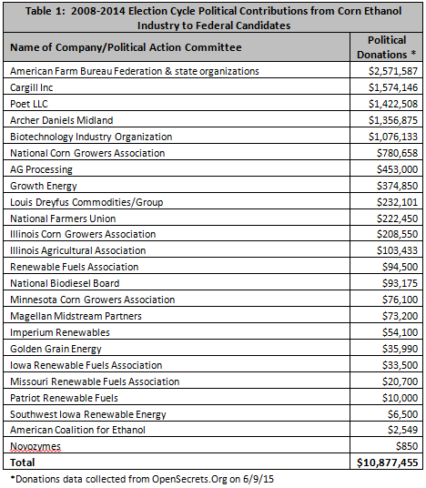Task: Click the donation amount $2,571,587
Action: pos(392,71)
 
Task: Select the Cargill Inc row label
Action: pos(32,87)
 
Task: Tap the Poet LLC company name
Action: pos(29,104)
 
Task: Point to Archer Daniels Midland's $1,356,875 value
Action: pos(392,120)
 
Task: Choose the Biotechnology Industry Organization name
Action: pos(91,137)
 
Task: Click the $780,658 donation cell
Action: pos(397,153)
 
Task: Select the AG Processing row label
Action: pos(41,169)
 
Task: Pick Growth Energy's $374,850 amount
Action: pos(397,186)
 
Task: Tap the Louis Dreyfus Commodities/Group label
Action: pos(86,202)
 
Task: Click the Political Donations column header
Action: pos(387,47)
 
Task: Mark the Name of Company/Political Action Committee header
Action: pos(126,47)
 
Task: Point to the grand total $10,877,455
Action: pos(387,463)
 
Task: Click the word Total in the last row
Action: pos(22,463)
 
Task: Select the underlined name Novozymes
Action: pos(35,447)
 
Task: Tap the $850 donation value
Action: pos(407,446)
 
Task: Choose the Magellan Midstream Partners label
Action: pos(76,316)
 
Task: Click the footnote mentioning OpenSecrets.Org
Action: pos(142,479)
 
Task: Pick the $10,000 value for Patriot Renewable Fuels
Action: pos(400,398)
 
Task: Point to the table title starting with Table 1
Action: pos(214,18)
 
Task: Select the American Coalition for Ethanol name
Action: pos(77,430)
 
